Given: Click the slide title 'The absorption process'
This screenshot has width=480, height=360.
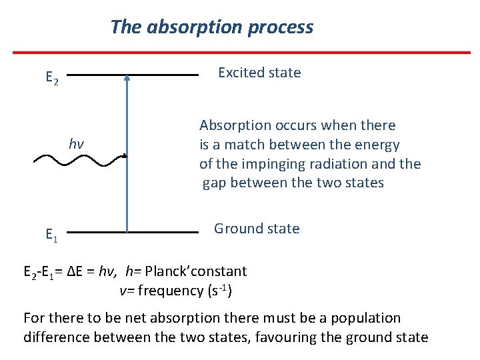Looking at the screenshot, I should pos(211,27).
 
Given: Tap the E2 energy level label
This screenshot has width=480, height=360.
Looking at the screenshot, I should pos(51,78).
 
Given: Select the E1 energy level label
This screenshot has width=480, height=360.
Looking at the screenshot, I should pos(51,234).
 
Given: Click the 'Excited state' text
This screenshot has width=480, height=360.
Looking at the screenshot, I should pos(259,73).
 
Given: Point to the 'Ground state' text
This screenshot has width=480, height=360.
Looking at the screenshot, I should pos(256,229).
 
